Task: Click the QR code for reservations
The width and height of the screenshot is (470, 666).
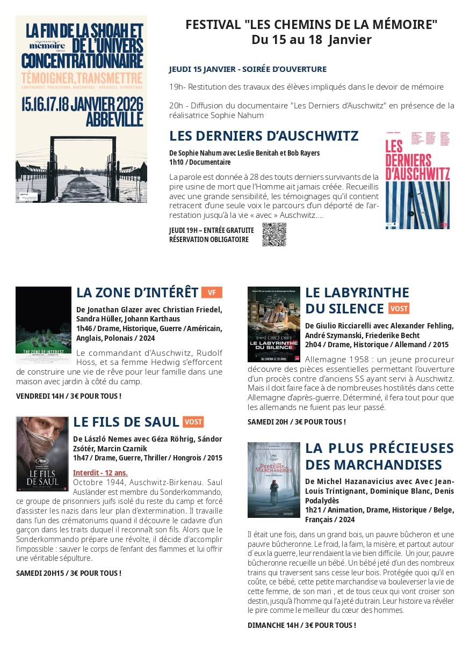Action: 274,235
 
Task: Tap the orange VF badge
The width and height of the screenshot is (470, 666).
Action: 212,292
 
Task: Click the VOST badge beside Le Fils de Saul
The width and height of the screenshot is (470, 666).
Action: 193,422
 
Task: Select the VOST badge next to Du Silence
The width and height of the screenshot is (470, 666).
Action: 399,309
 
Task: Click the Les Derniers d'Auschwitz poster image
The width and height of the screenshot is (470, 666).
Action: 417,180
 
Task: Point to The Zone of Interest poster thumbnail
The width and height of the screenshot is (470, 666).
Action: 44,325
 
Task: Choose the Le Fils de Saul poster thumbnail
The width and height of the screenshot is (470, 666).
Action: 42,453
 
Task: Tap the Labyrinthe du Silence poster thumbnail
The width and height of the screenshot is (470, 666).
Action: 274,324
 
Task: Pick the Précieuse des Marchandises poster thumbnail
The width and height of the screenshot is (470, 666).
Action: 274,480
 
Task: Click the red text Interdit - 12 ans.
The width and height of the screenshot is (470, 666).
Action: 100,473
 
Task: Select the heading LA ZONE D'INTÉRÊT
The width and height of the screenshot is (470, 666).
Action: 138,292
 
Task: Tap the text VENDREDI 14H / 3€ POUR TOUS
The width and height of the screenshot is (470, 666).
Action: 69,396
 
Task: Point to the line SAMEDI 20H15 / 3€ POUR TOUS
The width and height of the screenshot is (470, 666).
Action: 69,573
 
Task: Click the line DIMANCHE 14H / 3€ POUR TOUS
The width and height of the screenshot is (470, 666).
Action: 302,625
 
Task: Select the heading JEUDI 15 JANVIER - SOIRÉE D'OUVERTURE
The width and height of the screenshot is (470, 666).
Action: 248,69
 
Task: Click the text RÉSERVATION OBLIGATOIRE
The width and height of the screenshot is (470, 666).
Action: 209,239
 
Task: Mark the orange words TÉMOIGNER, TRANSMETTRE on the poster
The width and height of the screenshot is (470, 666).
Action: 82,78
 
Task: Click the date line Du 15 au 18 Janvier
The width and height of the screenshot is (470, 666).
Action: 312,40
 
